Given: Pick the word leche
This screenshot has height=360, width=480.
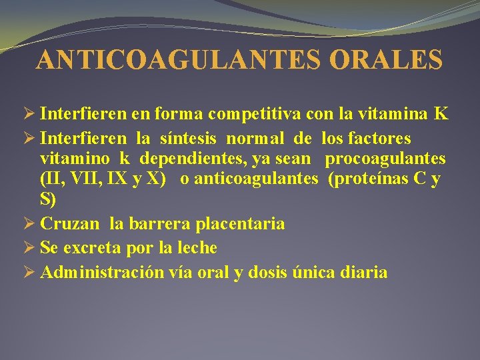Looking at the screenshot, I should point(195,248).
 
